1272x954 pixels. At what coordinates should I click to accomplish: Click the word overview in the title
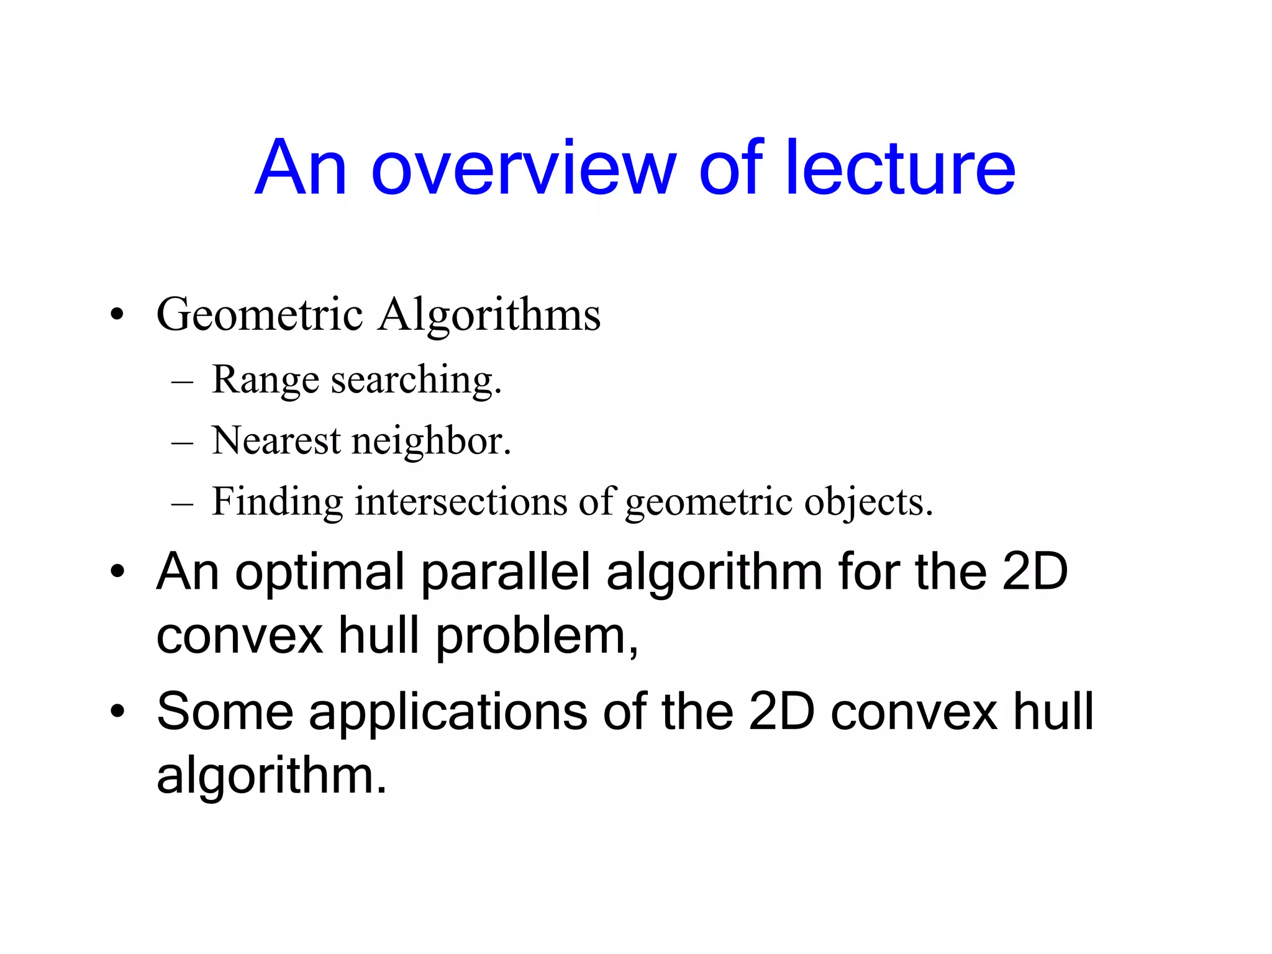click(x=523, y=168)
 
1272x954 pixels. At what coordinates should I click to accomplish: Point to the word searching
click(x=416, y=379)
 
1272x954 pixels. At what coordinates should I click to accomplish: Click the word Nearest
click(x=276, y=440)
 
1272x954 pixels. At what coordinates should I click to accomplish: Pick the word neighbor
click(x=431, y=440)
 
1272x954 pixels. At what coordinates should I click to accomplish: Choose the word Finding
click(x=277, y=501)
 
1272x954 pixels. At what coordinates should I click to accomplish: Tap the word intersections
click(x=461, y=501)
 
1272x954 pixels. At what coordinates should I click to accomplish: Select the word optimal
click(x=319, y=572)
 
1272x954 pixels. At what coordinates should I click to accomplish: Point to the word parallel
click(x=505, y=572)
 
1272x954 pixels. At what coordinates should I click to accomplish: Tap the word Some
click(x=224, y=712)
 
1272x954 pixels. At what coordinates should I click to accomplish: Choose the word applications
click(x=448, y=712)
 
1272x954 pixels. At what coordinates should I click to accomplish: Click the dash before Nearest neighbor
click(x=183, y=442)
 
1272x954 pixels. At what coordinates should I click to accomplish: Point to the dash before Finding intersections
click(x=183, y=503)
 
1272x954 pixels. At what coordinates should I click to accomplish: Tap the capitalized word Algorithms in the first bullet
click(x=489, y=314)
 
